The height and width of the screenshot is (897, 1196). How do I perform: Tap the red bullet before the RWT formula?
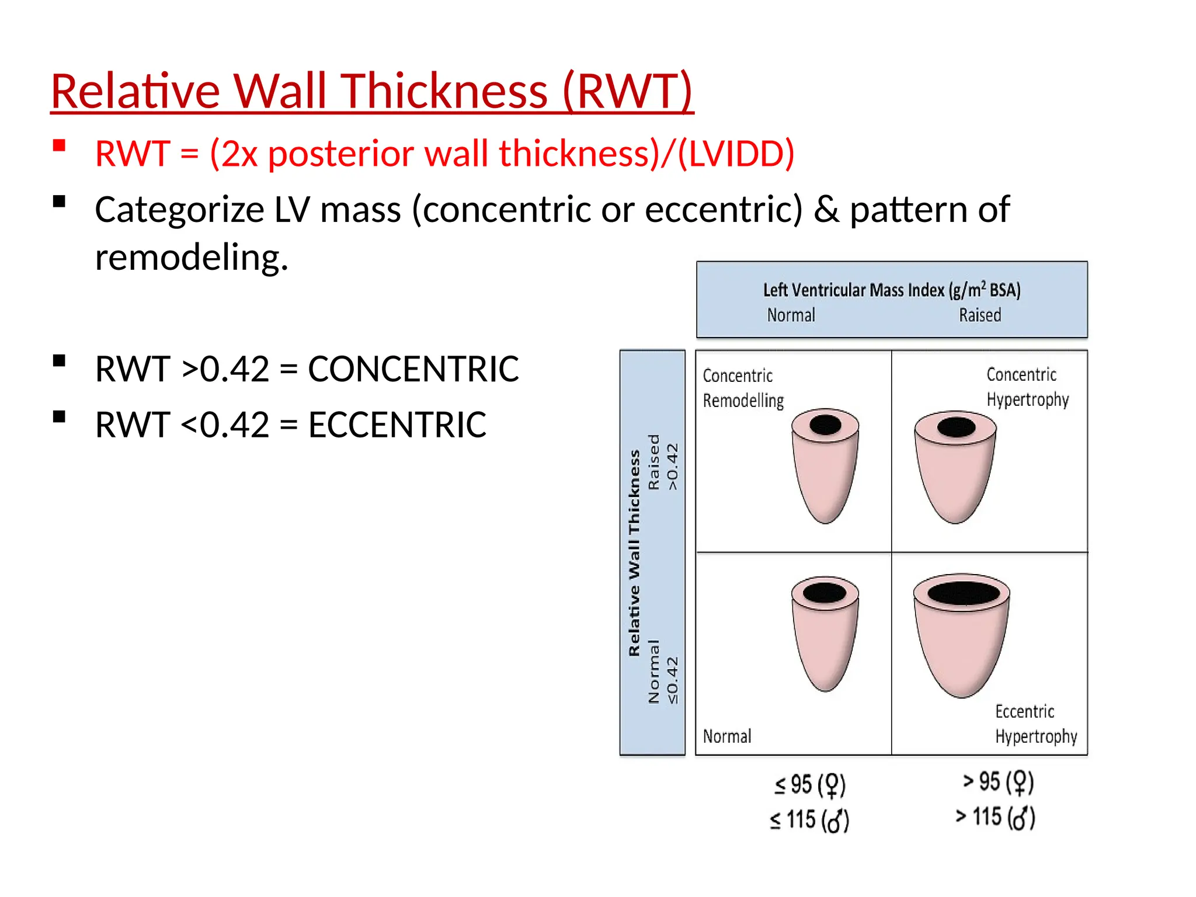(x=59, y=145)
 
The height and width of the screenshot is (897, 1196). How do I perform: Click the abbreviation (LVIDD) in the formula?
(x=736, y=154)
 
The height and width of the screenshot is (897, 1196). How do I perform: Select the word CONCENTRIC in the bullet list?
(x=413, y=369)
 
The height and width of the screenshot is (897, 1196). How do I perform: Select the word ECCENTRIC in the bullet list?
(x=397, y=425)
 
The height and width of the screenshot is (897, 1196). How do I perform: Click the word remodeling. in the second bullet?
(x=192, y=258)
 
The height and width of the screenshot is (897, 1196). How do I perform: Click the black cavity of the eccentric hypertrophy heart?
(x=964, y=593)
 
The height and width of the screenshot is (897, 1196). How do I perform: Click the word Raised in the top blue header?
(x=979, y=315)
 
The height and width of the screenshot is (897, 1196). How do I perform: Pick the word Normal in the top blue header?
(x=791, y=315)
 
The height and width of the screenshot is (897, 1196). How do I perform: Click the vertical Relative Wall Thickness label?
(x=634, y=552)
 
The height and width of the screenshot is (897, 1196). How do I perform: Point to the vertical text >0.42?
(x=673, y=467)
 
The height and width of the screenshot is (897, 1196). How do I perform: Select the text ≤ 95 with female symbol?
(x=810, y=785)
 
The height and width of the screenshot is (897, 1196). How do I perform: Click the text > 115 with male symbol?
(x=995, y=817)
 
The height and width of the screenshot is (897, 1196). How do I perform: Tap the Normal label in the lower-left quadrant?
(x=727, y=736)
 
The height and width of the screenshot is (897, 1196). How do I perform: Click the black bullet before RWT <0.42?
(x=59, y=416)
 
